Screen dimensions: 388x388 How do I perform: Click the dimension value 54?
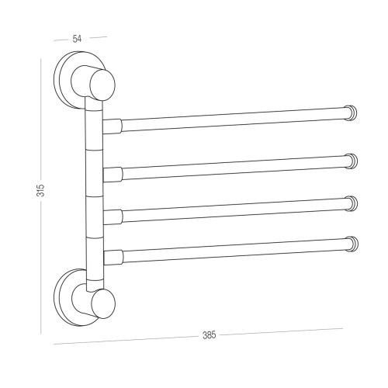pos(77,39)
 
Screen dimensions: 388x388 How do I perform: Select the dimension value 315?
pos(40,190)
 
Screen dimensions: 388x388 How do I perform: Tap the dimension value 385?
pos(209,335)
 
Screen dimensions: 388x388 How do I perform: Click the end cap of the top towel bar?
pos(352,113)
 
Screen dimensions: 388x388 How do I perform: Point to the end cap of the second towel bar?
pos(352,161)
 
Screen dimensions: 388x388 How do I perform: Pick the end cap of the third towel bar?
pos(352,203)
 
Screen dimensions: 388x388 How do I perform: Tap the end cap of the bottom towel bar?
pos(352,244)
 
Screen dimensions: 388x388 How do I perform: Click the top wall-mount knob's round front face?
pos(102,85)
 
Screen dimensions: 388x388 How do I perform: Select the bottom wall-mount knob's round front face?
pos(103,304)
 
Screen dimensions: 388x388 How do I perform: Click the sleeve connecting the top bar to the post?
pos(113,126)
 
